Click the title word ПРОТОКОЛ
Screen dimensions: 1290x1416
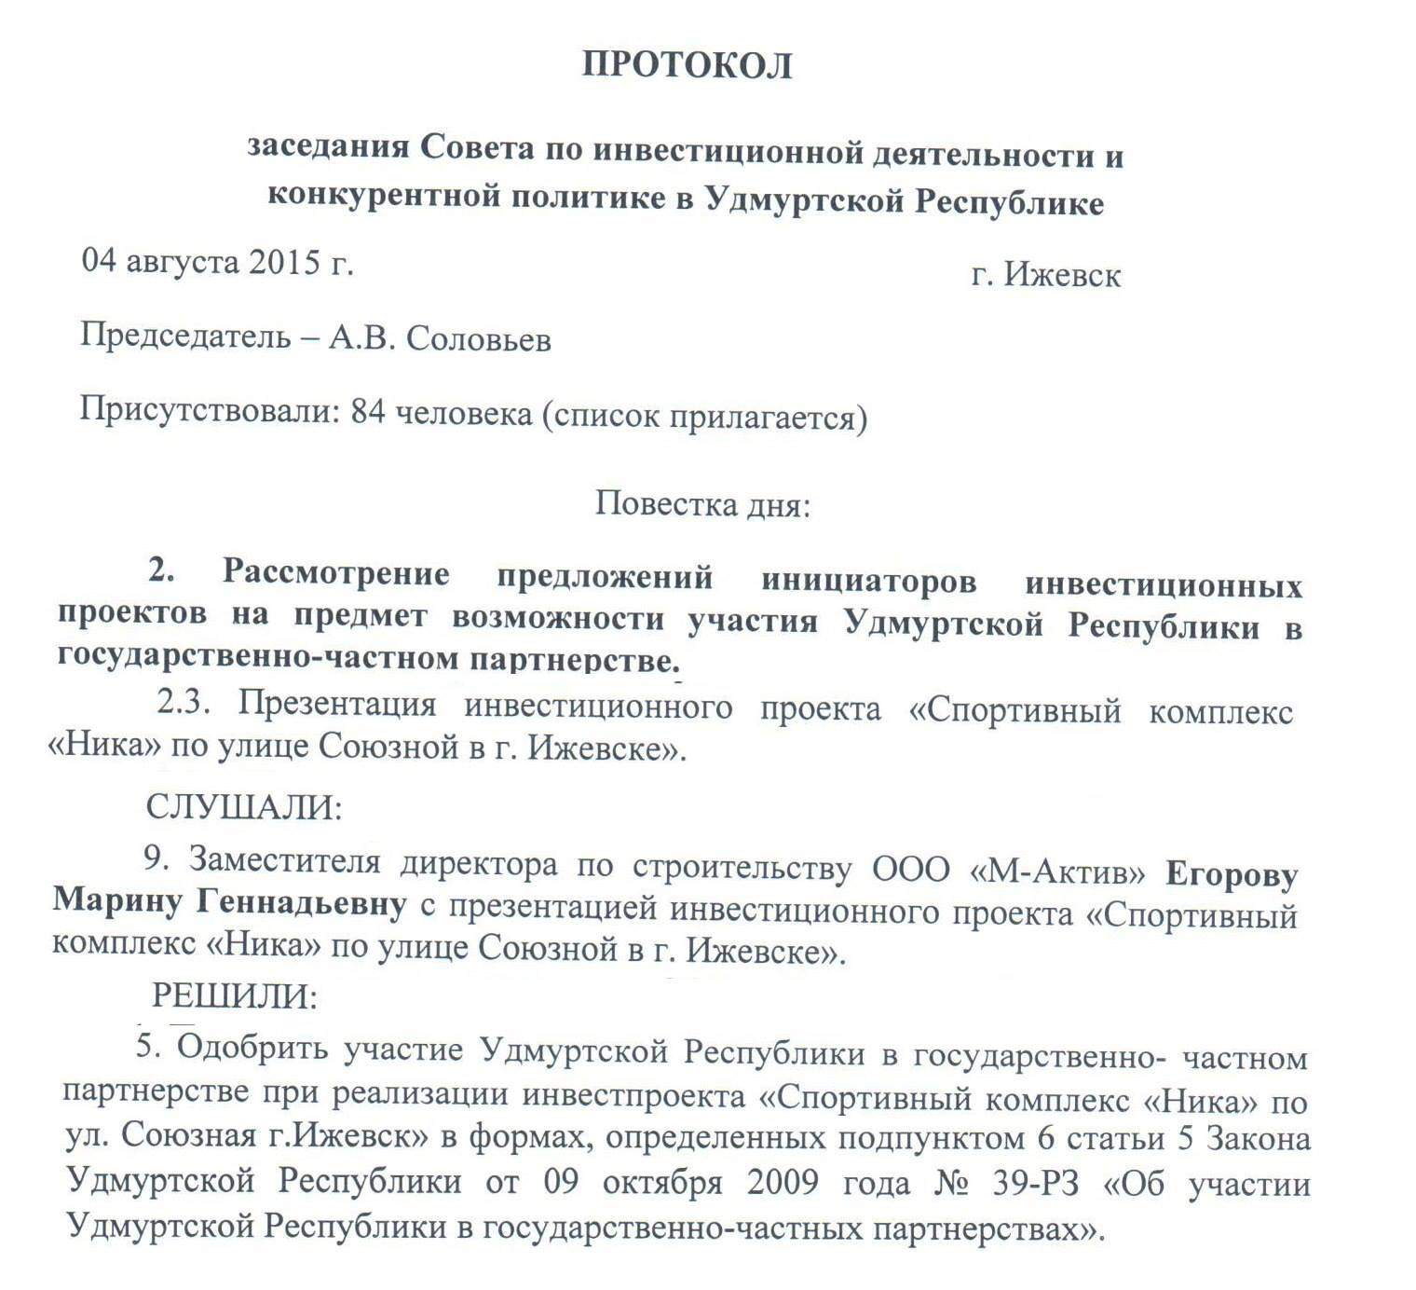tap(687, 65)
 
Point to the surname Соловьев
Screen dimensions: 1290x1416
tap(479, 339)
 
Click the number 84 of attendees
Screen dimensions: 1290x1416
tap(368, 412)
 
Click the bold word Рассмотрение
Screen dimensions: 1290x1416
tap(335, 572)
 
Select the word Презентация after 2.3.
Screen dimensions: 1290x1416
tap(336, 704)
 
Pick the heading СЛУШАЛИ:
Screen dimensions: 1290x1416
tap(244, 807)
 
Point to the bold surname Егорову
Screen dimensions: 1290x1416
tap(1232, 875)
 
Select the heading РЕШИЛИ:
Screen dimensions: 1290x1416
tap(235, 996)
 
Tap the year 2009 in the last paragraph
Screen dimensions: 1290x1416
tap(783, 1182)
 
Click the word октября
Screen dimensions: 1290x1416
tap(662, 1182)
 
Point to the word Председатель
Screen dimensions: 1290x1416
tap(185, 335)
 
